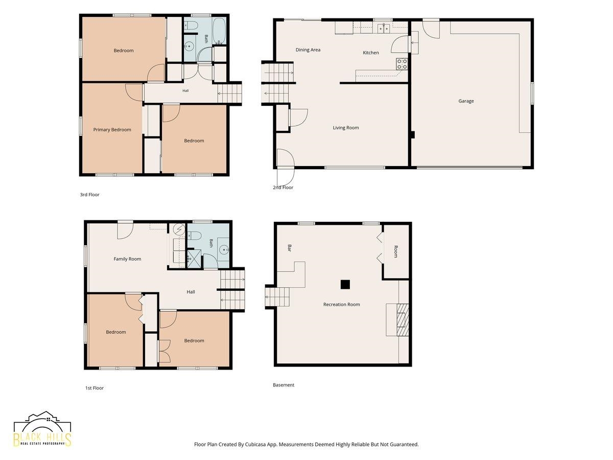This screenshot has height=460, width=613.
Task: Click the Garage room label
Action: pyautogui.click(x=466, y=101)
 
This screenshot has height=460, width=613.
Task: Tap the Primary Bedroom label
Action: pyautogui.click(x=112, y=130)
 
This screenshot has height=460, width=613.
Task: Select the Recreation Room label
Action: pyautogui.click(x=342, y=305)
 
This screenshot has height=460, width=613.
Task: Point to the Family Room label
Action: pyautogui.click(x=127, y=259)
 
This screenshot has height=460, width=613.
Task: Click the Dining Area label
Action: pyautogui.click(x=308, y=50)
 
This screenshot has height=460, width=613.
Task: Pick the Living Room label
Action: pyautogui.click(x=346, y=128)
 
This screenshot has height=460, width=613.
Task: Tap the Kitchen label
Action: pyautogui.click(x=370, y=53)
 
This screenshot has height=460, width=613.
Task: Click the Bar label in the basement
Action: pyautogui.click(x=290, y=248)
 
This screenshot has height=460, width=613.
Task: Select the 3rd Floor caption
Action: pyautogui.click(x=89, y=195)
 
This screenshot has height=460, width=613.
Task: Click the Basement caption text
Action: pyautogui.click(x=284, y=385)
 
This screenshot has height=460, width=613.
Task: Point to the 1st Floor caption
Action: pyautogui.click(x=95, y=388)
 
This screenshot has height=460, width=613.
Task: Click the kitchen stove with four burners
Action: pyautogui.click(x=402, y=64)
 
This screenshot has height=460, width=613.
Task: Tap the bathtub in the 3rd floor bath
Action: pyautogui.click(x=219, y=31)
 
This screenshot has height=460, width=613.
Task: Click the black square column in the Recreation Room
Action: pyautogui.click(x=345, y=284)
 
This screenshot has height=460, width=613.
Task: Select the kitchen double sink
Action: pyautogui.click(x=384, y=28)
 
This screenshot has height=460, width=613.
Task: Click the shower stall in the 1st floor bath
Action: pyautogui.click(x=194, y=259)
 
